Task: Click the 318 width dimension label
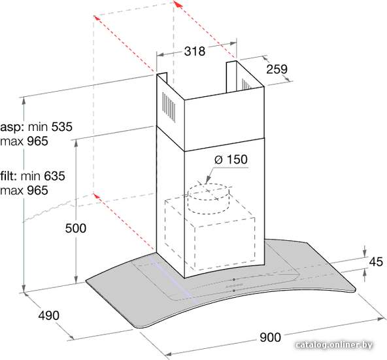(195, 51)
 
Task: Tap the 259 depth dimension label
(277, 69)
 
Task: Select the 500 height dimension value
(76, 228)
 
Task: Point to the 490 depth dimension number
(49, 315)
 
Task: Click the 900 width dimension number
(270, 337)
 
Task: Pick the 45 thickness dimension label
(376, 262)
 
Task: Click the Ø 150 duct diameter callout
(231, 159)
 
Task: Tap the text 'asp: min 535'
(37, 127)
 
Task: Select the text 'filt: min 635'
(33, 176)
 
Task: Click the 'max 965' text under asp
(24, 141)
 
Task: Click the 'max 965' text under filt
(24, 190)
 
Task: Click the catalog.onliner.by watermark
(334, 345)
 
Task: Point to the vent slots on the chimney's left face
(169, 107)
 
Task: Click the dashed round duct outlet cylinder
(209, 199)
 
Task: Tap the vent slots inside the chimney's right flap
(246, 84)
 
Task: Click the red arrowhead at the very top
(177, 4)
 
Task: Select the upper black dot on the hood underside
(233, 279)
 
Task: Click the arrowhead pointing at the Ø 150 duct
(208, 179)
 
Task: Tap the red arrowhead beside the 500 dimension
(97, 196)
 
